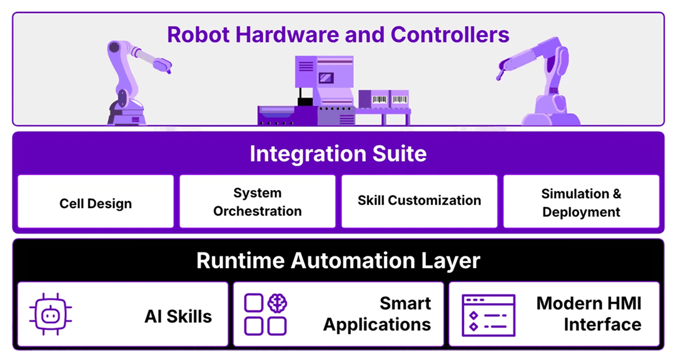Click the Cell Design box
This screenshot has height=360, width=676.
[x=96, y=201]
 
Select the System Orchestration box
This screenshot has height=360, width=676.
[x=257, y=201]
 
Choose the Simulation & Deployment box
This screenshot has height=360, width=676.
[x=581, y=202]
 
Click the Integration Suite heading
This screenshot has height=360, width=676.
[x=338, y=154]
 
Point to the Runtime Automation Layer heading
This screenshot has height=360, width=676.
[x=338, y=260]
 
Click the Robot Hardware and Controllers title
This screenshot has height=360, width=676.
[x=338, y=34]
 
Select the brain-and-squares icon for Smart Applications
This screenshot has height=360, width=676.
[x=265, y=314]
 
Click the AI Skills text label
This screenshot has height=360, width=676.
[x=178, y=316]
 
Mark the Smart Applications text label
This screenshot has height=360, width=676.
[x=377, y=314]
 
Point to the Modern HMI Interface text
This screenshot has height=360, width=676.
[x=588, y=314]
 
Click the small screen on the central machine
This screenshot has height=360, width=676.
[x=326, y=78]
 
